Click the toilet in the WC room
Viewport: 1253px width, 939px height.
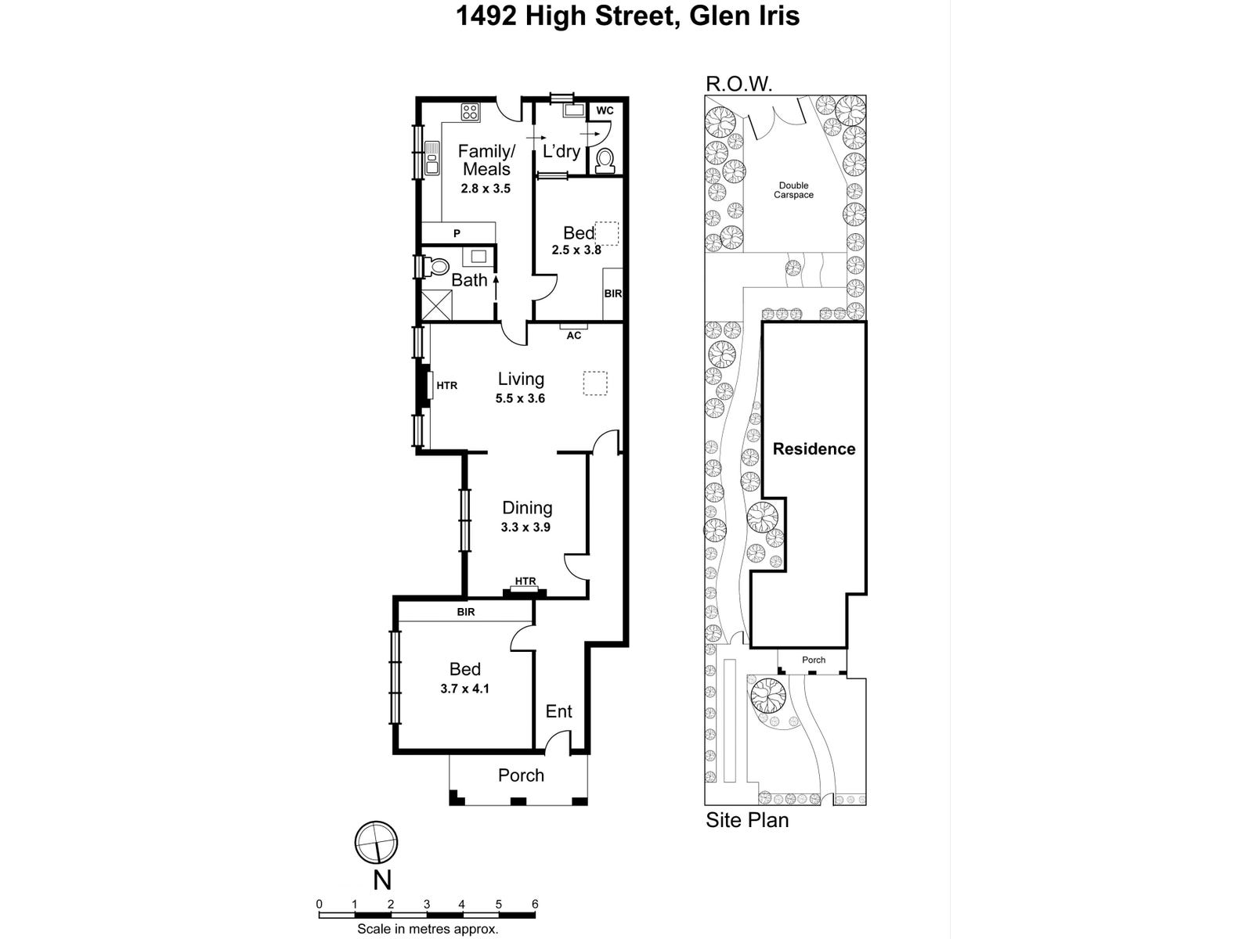(x=605, y=160)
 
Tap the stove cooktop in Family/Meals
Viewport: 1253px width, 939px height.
(x=470, y=112)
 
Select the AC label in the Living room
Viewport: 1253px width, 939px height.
(x=574, y=336)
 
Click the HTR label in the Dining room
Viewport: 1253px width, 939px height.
(x=525, y=581)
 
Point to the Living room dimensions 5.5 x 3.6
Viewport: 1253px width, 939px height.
(x=520, y=398)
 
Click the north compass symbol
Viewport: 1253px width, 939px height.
(x=376, y=843)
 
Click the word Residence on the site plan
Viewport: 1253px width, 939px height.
(x=814, y=449)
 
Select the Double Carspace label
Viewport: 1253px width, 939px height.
(x=793, y=190)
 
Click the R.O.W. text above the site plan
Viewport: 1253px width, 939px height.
(x=739, y=84)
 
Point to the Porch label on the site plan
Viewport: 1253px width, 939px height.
(x=814, y=660)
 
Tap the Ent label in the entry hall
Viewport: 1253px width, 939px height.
(x=558, y=711)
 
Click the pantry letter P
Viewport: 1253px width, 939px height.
(x=457, y=233)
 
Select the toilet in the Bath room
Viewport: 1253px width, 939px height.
(x=437, y=267)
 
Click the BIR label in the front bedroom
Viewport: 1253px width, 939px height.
(x=466, y=612)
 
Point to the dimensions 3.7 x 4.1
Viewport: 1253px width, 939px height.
(x=465, y=689)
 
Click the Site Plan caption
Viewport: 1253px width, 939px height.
(x=747, y=820)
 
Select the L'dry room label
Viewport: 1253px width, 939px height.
(x=561, y=152)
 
